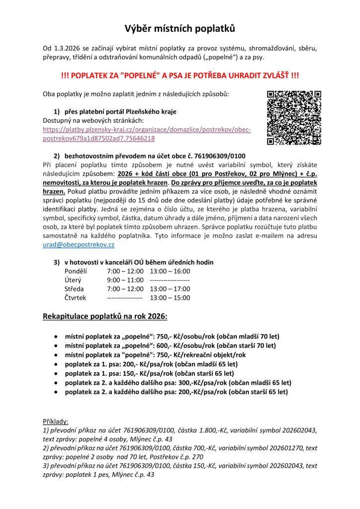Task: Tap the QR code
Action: click(x=294, y=118)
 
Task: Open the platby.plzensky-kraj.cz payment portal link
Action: click(x=147, y=134)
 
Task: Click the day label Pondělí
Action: click(x=76, y=271)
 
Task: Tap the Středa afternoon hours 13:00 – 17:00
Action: click(x=170, y=289)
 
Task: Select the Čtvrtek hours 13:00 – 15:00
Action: click(x=170, y=298)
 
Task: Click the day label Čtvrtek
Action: click(x=76, y=298)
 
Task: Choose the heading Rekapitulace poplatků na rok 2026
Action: click(x=105, y=316)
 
